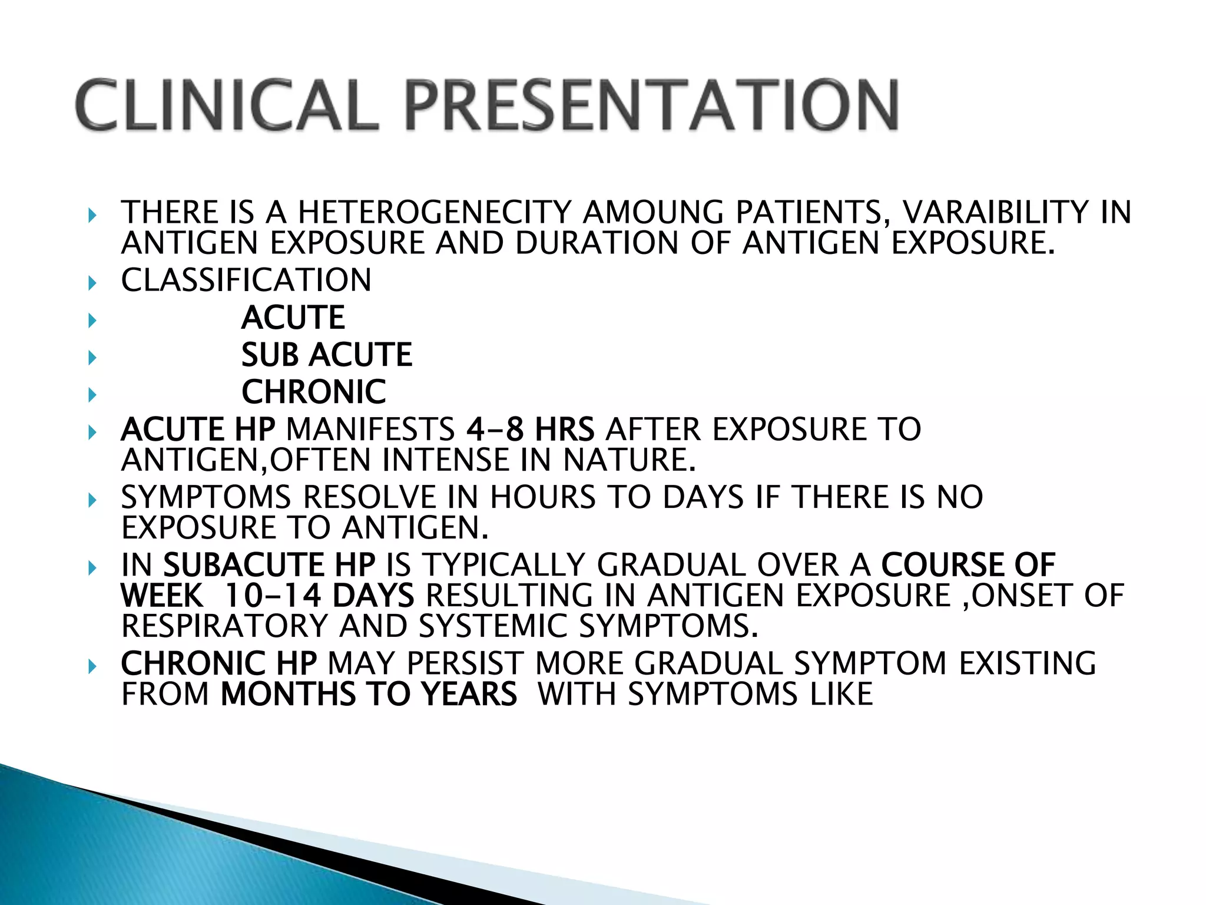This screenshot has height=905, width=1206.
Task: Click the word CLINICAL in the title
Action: [x=227, y=105]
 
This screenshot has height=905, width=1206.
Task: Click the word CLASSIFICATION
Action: [x=246, y=280]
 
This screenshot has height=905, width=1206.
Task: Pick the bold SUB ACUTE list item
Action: [x=327, y=355]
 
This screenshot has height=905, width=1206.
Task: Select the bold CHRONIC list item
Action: [x=314, y=392]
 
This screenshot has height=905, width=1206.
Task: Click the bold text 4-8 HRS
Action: [x=530, y=429]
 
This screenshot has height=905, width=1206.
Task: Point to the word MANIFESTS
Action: [x=370, y=429]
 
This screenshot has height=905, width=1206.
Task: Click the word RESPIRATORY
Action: [x=224, y=626]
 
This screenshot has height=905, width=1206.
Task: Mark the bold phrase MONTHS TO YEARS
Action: [x=369, y=694]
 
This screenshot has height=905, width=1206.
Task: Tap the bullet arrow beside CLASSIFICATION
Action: [x=92, y=284]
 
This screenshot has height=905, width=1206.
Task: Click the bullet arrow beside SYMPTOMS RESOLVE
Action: [x=92, y=501]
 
